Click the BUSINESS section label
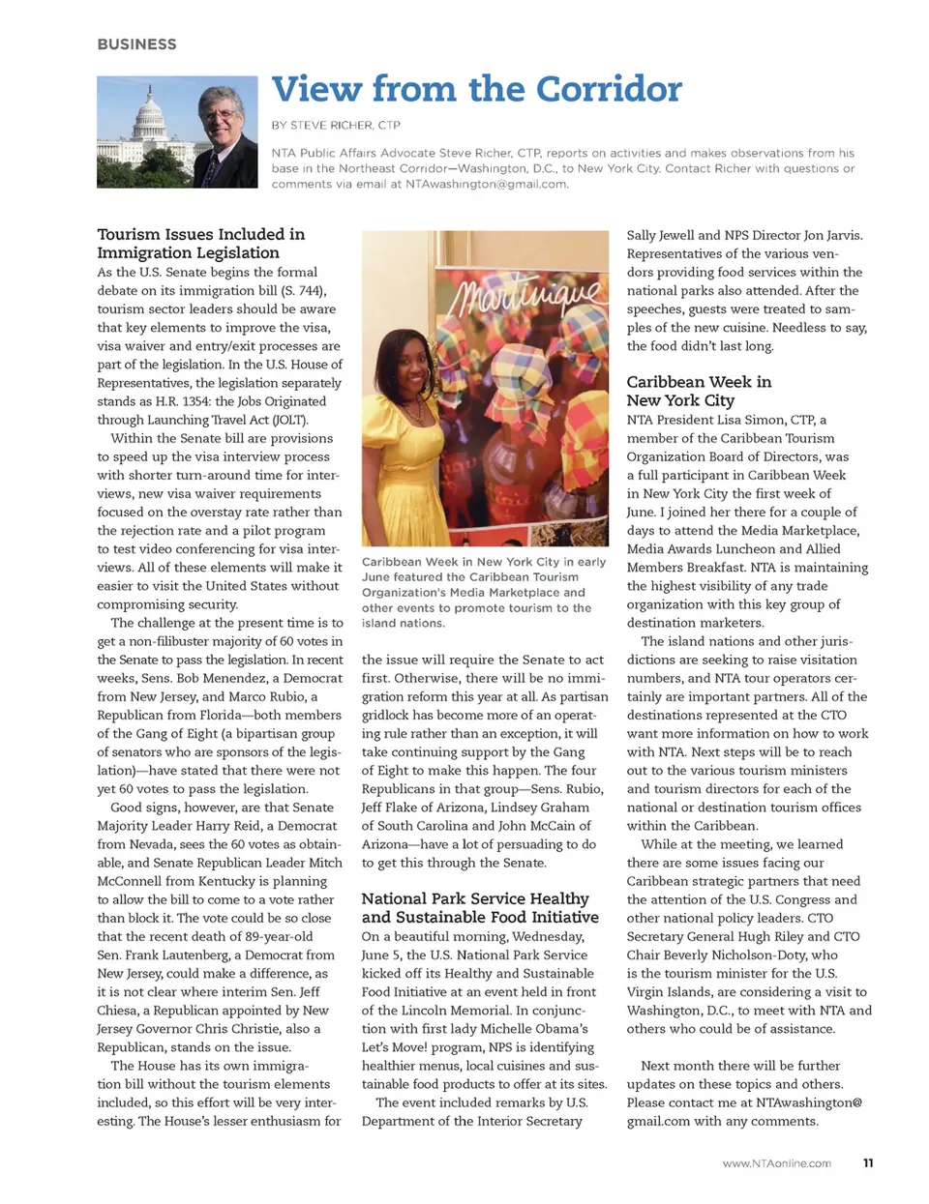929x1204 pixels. pyautogui.click(x=136, y=44)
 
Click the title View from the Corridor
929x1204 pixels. pyautogui.click(x=476, y=89)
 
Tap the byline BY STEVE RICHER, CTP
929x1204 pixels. pyautogui.click(x=335, y=125)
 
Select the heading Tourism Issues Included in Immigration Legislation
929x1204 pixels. pyautogui.click(x=200, y=244)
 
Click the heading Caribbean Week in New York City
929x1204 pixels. pyautogui.click(x=699, y=391)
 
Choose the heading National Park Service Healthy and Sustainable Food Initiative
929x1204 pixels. pyautogui.click(x=480, y=908)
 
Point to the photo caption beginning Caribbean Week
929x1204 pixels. pyautogui.click(x=484, y=592)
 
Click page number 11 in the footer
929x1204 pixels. pyautogui.click(x=868, y=1163)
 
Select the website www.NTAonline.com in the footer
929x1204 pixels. pyautogui.click(x=776, y=1163)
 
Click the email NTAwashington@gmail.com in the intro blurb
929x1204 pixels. pyautogui.click(x=486, y=184)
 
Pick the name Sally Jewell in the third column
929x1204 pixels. pyautogui.click(x=660, y=235)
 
